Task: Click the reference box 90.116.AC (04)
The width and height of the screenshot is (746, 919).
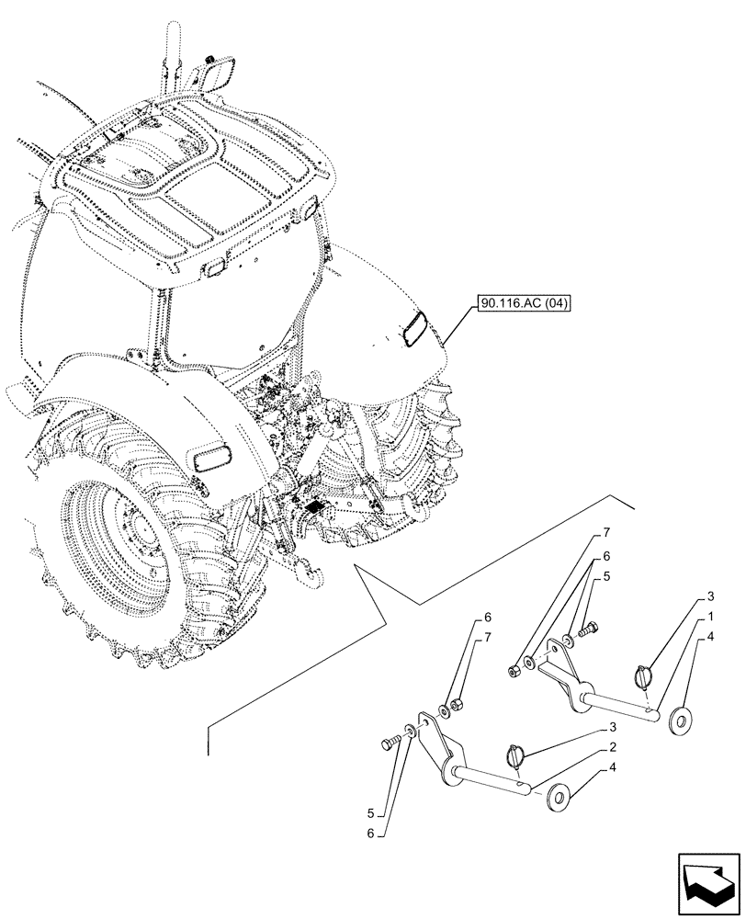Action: point(524,303)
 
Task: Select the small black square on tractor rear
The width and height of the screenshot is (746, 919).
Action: point(315,506)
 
